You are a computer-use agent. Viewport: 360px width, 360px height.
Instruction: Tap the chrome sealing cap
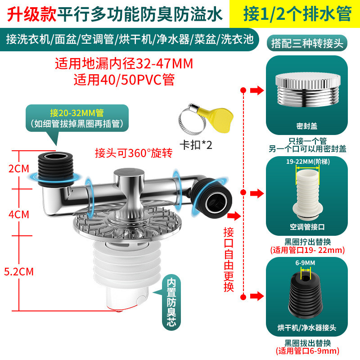[308, 90]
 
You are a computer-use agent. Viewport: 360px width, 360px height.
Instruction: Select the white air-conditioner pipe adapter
[308, 193]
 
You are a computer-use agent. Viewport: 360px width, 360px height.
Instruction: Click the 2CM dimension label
[19, 169]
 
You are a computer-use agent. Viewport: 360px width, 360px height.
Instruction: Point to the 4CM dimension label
[19, 215]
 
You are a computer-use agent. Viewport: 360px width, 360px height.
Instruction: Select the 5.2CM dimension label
[19, 272]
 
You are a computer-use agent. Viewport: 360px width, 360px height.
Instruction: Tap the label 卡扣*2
[196, 145]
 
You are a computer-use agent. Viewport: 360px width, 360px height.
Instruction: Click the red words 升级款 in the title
[31, 14]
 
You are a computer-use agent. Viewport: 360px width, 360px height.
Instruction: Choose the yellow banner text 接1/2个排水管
[297, 14]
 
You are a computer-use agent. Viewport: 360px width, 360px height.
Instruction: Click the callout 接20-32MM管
[77, 113]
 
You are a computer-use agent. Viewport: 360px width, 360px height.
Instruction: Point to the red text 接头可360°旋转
[134, 153]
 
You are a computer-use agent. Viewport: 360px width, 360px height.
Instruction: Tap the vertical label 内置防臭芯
[171, 302]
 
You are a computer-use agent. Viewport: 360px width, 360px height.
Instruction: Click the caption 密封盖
[307, 126]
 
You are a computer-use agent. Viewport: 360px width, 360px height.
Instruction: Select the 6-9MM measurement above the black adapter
[305, 263]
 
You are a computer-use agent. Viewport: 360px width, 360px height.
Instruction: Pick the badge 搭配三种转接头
[307, 43]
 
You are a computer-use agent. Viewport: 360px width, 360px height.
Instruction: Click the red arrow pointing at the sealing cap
[257, 90]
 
